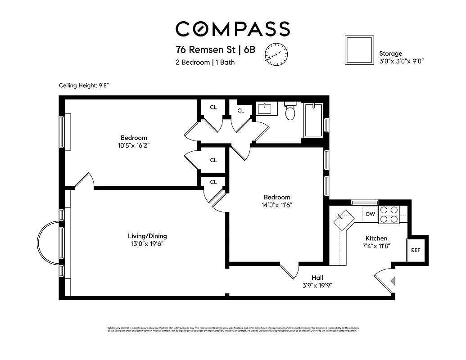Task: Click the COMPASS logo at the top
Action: tap(232, 29)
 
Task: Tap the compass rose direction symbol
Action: tap(276, 55)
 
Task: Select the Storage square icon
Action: tap(359, 50)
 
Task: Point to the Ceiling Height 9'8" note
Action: tap(84, 85)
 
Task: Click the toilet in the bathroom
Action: tap(290, 112)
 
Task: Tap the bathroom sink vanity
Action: tap(267, 109)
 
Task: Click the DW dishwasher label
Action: tap(370, 214)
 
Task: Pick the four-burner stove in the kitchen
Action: tap(389, 215)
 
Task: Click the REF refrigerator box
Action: tap(415, 250)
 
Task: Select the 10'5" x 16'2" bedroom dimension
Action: tap(134, 146)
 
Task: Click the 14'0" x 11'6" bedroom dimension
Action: tap(277, 205)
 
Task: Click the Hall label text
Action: tap(317, 278)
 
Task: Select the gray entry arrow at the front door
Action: tap(393, 281)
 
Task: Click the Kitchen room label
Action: tap(376, 238)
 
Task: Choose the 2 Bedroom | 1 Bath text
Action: tap(205, 63)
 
